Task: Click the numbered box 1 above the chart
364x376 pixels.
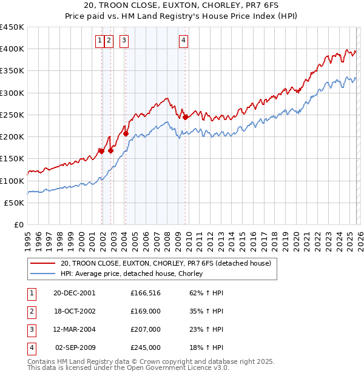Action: coord(99,41)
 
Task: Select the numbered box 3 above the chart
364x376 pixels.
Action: coord(124,41)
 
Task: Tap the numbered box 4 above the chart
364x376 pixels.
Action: coord(183,41)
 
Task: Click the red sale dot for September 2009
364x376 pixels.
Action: coord(185,117)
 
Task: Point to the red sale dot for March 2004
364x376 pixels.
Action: coord(126,133)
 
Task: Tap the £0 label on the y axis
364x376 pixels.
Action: coord(18,225)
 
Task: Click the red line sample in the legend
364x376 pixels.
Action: coord(42,263)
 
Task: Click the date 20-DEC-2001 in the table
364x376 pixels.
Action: coord(74,293)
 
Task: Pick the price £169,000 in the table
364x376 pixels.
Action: coord(146,311)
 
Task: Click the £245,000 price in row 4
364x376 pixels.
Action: coord(146,347)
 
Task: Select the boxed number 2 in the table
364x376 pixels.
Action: coord(30,311)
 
